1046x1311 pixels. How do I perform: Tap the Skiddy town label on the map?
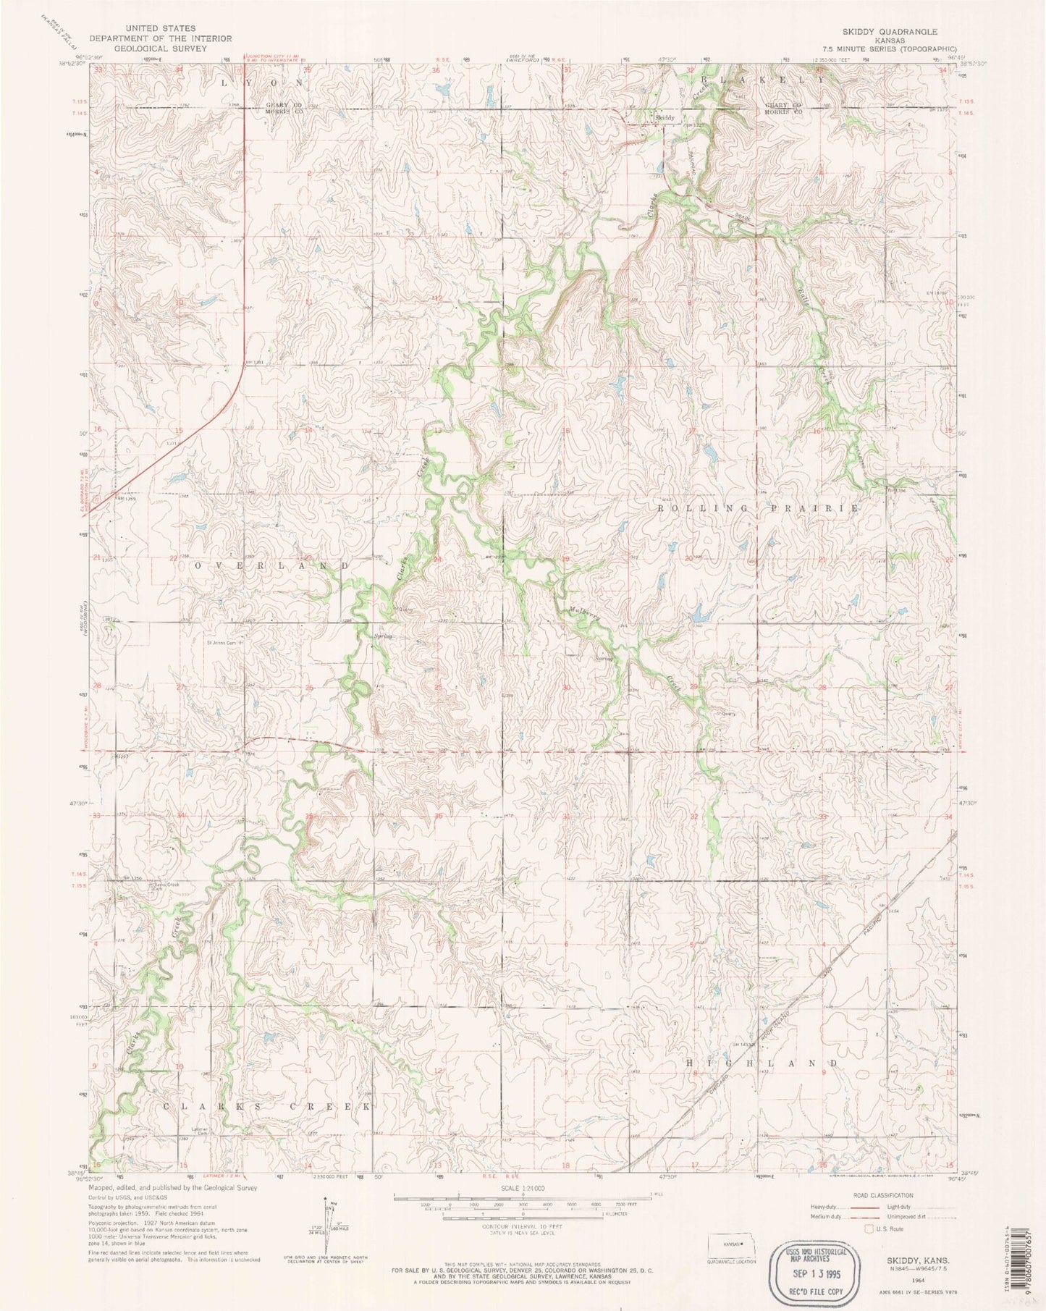665,117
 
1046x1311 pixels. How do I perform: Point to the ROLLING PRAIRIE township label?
757,509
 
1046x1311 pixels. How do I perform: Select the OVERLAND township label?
271,565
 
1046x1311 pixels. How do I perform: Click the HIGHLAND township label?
762,1063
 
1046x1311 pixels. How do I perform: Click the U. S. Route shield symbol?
869,1228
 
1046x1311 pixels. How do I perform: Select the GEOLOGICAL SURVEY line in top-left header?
159,49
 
